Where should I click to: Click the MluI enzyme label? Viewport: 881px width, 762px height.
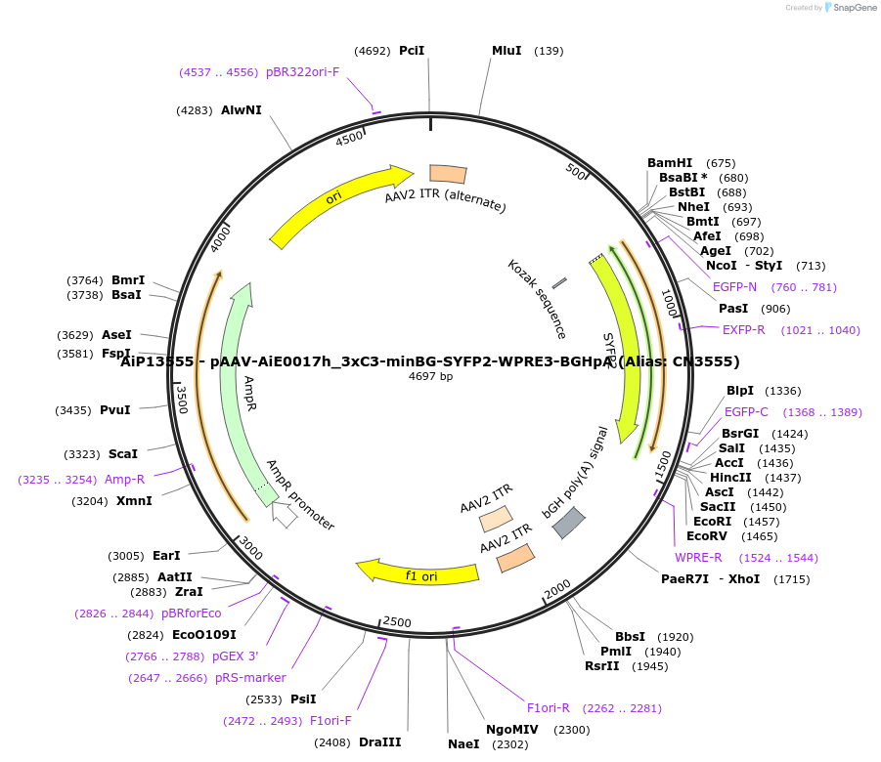click(x=506, y=51)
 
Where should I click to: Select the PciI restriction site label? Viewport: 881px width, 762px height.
click(x=412, y=51)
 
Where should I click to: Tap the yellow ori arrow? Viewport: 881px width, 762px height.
click(x=337, y=203)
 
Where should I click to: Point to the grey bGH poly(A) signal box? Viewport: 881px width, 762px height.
click(x=568, y=524)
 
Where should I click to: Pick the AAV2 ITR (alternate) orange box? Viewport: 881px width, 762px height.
click(x=448, y=174)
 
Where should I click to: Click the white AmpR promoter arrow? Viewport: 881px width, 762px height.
click(x=284, y=514)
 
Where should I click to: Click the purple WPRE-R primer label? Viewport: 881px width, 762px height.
click(x=698, y=558)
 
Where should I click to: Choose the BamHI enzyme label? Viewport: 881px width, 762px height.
click(x=670, y=163)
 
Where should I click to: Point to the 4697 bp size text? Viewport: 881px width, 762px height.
click(x=430, y=376)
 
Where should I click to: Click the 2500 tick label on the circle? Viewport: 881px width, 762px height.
click(x=397, y=621)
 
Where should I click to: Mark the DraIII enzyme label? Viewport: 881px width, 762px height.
click(x=377, y=742)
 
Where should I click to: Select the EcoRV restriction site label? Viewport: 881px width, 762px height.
click(x=706, y=536)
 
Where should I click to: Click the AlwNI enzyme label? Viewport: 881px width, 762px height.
click(x=242, y=110)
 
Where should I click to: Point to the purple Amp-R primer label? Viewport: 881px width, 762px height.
click(x=124, y=480)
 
